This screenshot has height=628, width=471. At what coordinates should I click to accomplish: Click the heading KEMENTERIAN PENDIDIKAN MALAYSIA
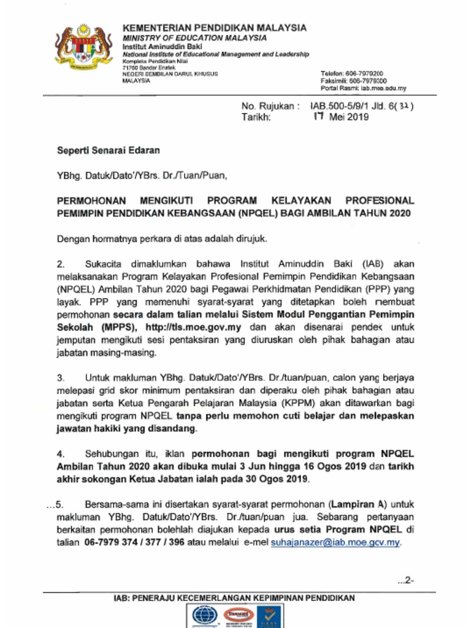tap(215, 28)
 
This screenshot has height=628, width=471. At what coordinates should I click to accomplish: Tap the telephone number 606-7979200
tap(365, 74)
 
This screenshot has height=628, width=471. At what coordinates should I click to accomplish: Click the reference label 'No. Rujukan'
tap(269, 106)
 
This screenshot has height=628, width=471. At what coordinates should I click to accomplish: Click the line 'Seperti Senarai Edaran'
tap(109, 150)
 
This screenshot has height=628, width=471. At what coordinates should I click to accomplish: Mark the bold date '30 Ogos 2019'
tap(280, 479)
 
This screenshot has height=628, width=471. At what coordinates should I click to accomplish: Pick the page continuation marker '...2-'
tap(406, 580)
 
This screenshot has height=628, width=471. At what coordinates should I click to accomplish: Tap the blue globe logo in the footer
tap(205, 616)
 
